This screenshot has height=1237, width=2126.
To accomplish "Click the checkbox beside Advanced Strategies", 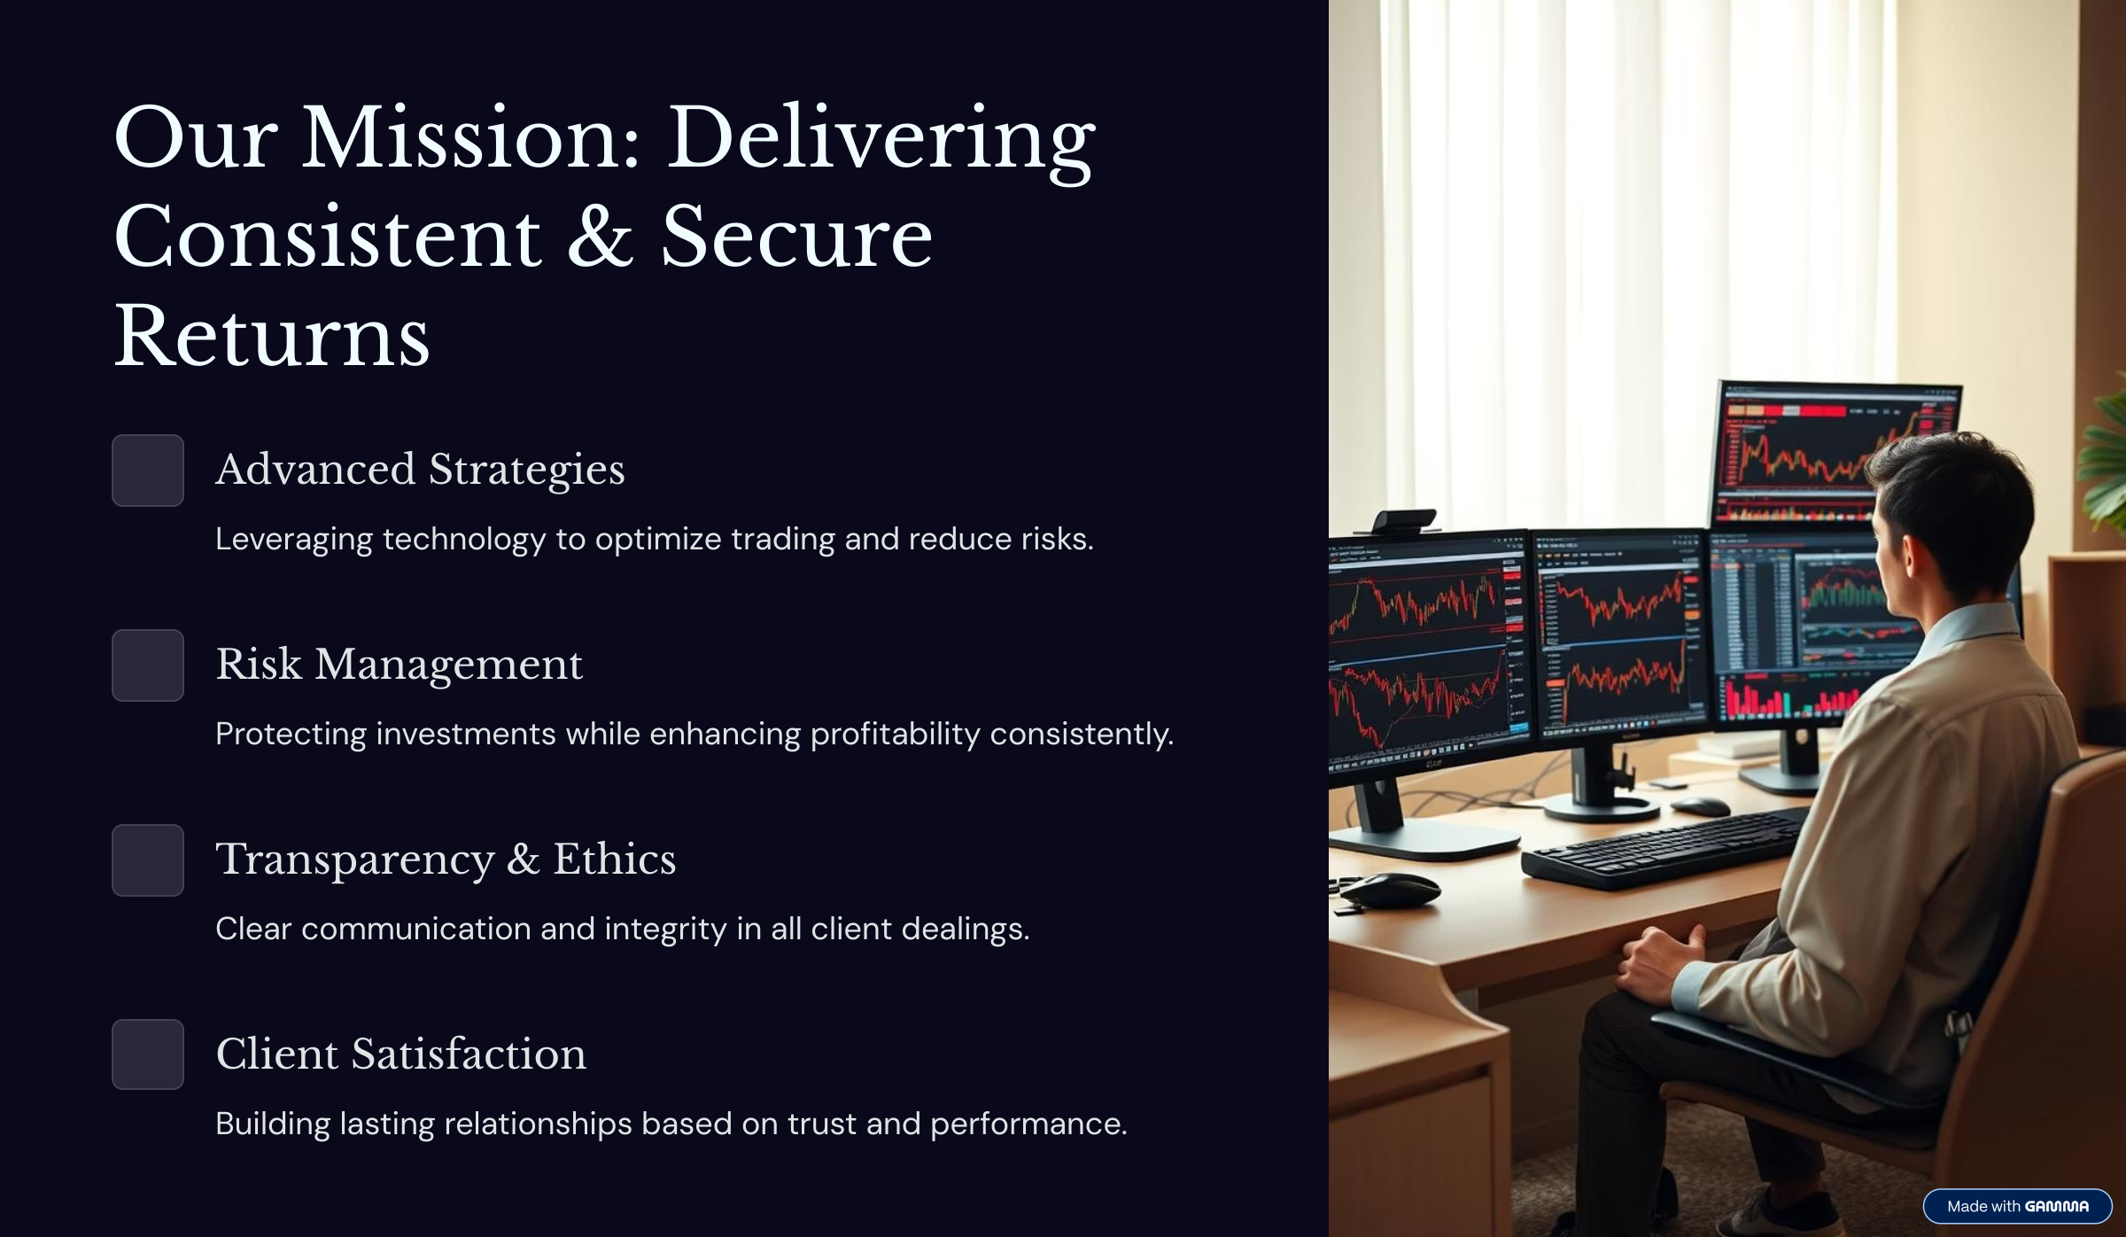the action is tap(148, 471).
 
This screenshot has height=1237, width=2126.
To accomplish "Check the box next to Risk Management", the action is tap(148, 665).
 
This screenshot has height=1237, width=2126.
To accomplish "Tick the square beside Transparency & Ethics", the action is tap(148, 860).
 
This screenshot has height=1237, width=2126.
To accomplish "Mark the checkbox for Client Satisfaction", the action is tap(148, 1054).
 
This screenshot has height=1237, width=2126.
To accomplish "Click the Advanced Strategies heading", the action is tap(420, 470).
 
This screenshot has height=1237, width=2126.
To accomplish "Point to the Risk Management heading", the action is tap(400, 665).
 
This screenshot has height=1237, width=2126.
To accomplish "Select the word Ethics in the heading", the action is tap(615, 859).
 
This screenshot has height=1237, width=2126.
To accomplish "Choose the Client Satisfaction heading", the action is tap(400, 1054).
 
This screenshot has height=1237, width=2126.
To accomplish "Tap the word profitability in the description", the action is tap(895, 735).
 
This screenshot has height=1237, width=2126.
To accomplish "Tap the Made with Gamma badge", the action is tap(2017, 1206).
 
